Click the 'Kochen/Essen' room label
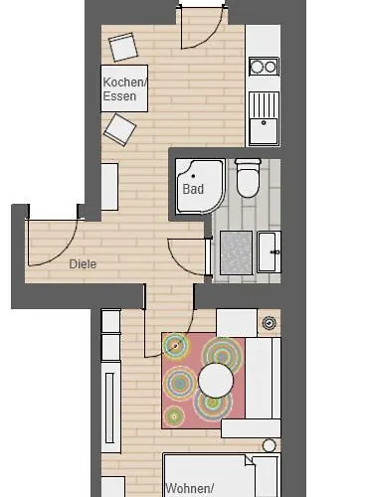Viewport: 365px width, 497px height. (124, 88)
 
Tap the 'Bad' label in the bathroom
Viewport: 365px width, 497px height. (193, 187)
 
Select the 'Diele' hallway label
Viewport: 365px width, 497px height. (85, 264)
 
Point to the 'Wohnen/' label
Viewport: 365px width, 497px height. (191, 487)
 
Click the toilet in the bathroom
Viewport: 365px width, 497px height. (247, 179)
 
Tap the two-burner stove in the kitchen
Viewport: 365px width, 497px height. (264, 68)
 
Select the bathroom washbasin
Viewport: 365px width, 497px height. (270, 250)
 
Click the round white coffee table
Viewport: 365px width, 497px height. (217, 380)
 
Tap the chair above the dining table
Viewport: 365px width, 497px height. (123, 47)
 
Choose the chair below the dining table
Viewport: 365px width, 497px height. (119, 128)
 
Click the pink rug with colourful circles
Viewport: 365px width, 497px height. (202, 381)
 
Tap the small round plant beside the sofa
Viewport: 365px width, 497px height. (269, 323)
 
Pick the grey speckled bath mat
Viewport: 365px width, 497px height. (236, 250)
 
